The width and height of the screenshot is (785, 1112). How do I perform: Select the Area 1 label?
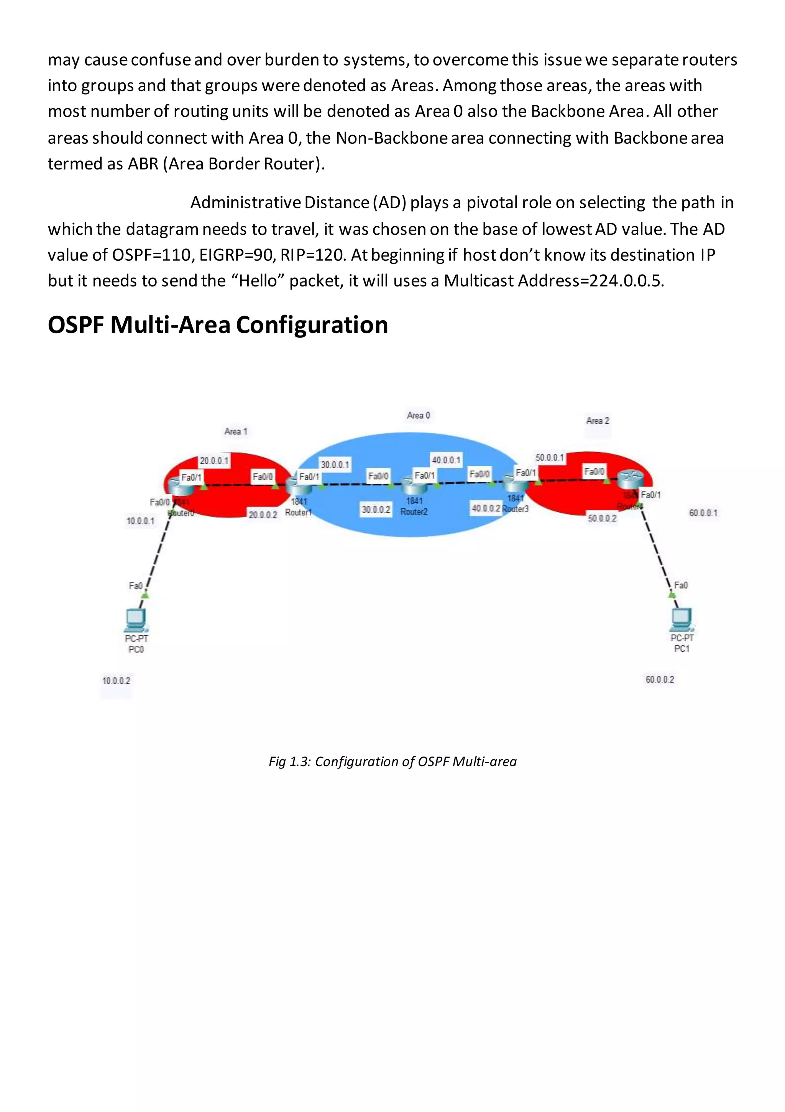click(x=236, y=431)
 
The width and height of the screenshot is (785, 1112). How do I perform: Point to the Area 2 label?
click(x=598, y=420)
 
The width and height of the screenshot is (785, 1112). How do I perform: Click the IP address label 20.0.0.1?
click(x=214, y=460)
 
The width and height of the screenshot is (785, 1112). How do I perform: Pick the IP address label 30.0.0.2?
click(x=376, y=510)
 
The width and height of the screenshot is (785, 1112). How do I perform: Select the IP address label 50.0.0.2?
click(x=602, y=518)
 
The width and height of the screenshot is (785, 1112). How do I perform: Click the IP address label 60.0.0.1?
click(x=703, y=512)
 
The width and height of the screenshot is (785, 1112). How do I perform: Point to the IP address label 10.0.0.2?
click(x=116, y=681)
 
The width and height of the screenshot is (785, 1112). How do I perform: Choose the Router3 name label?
click(x=516, y=509)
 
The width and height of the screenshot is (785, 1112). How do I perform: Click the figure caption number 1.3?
click(x=299, y=762)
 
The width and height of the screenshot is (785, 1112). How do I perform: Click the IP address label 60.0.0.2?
click(x=660, y=679)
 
